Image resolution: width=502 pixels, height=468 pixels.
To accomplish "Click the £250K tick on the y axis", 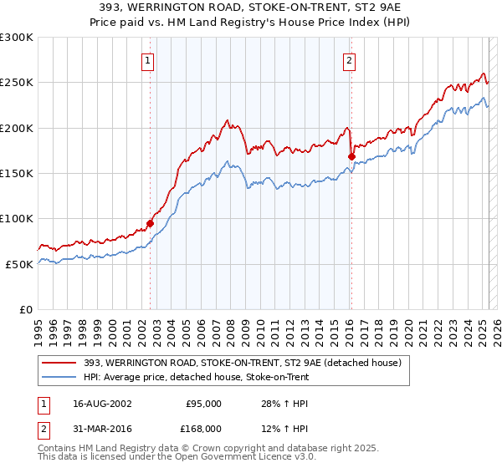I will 17,83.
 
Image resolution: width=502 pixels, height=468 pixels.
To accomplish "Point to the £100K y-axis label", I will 17,219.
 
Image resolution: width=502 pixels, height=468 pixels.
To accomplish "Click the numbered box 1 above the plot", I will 147,59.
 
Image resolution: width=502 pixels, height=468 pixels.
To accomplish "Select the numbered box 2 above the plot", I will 348,59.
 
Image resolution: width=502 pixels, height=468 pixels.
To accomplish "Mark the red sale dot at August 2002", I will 150,223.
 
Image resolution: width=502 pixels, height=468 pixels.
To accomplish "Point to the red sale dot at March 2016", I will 351,156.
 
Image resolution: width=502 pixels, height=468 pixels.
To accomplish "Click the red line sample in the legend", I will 56,363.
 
